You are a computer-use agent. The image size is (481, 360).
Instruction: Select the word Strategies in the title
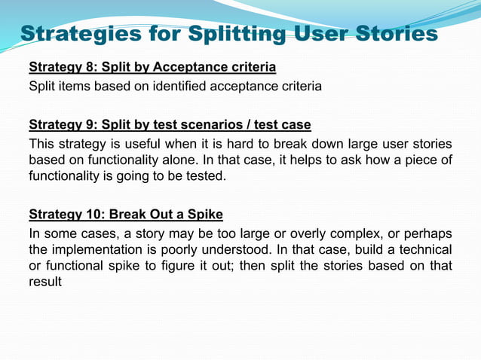point(82,34)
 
